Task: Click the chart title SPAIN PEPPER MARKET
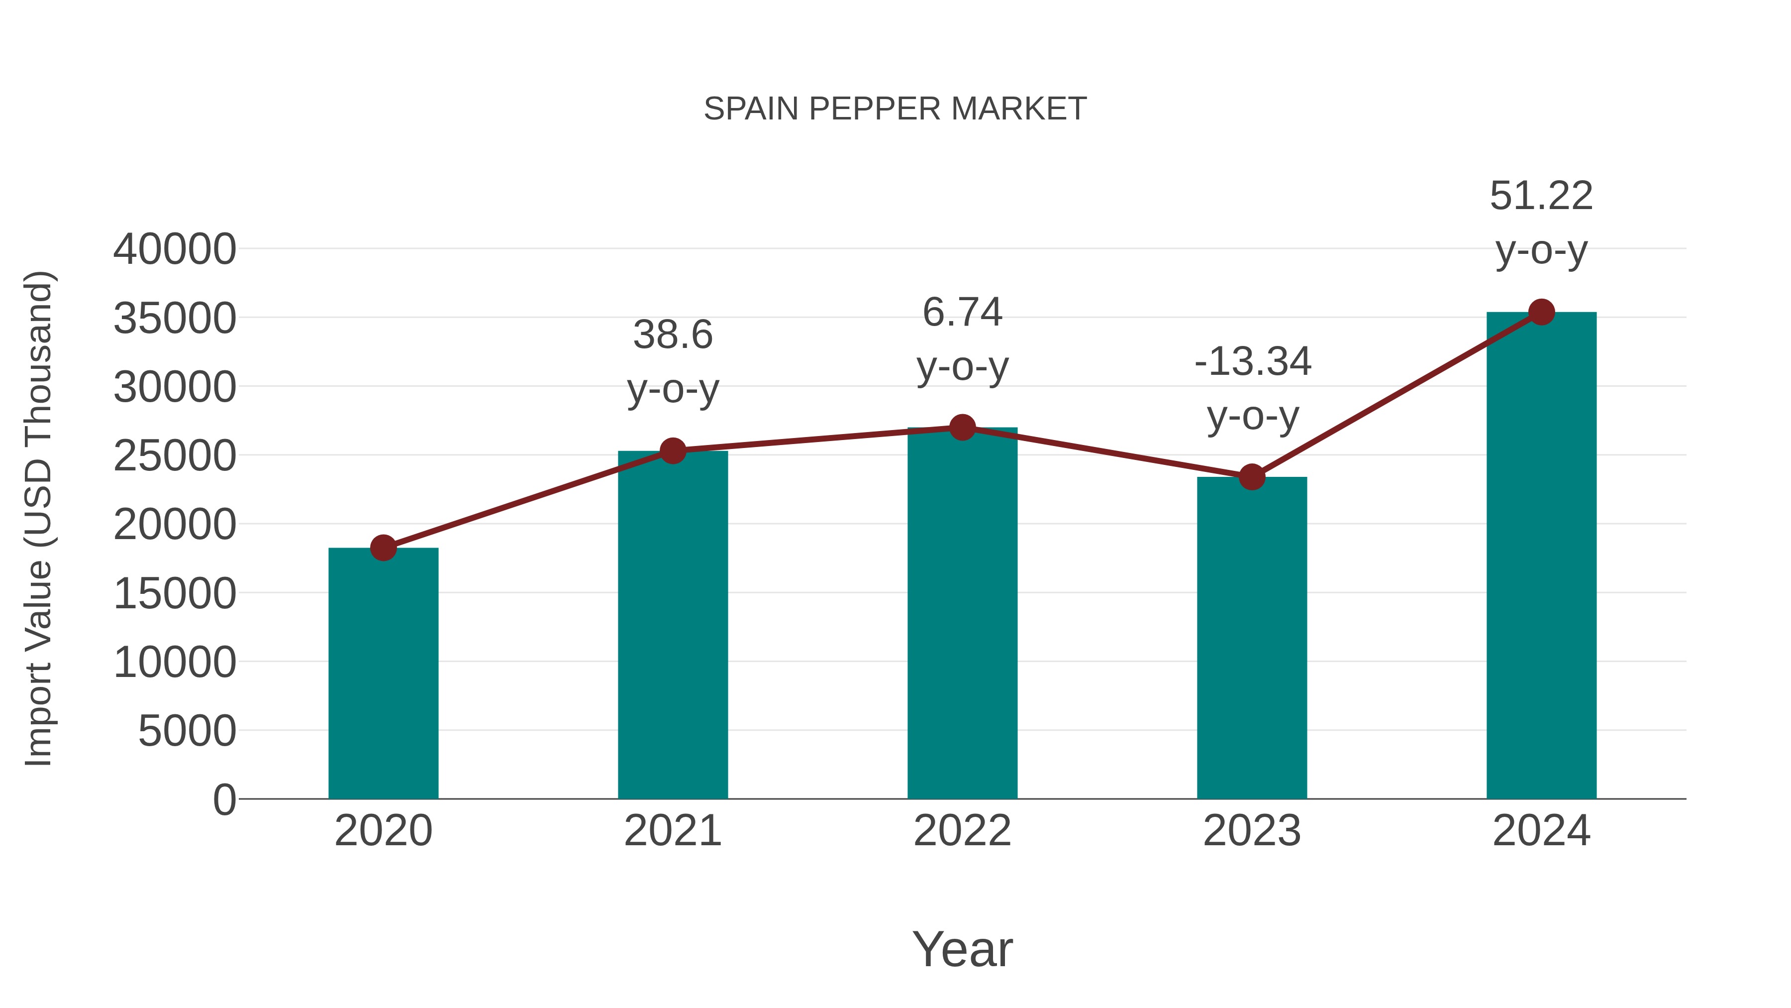point(895,109)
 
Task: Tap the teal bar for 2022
point(962,613)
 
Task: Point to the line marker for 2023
point(1252,477)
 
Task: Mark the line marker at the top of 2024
point(1541,312)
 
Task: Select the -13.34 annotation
point(1252,362)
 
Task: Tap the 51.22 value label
point(1541,196)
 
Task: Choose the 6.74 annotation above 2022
point(962,312)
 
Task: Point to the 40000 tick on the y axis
point(175,249)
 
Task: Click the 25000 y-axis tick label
point(175,455)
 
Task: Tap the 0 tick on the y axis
point(224,799)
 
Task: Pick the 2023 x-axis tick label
point(1252,831)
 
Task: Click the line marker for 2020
point(383,548)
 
